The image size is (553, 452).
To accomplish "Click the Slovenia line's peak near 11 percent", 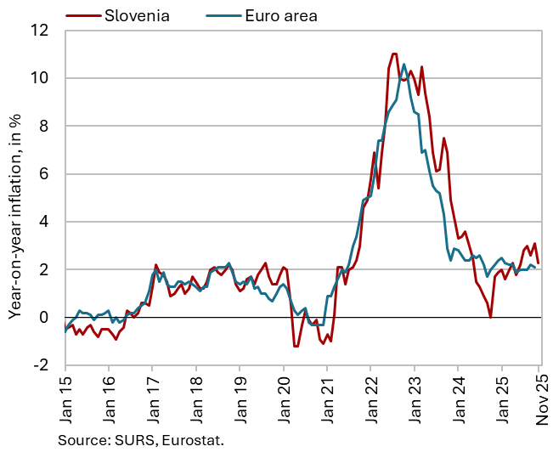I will pyautogui.click(x=393, y=54).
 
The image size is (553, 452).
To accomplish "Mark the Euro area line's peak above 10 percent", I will pyautogui.click(x=403, y=65).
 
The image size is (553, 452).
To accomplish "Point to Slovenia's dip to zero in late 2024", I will pyautogui.click(x=490, y=317).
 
